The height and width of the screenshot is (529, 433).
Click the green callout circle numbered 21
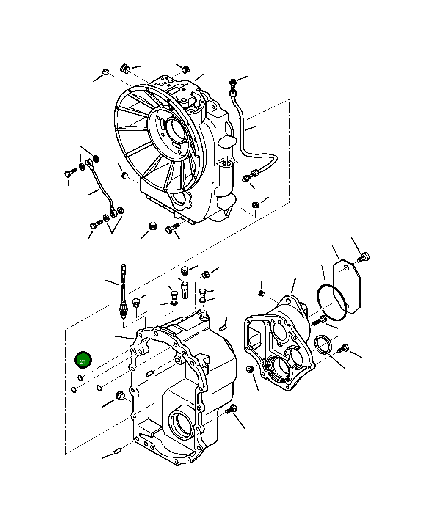point(83,361)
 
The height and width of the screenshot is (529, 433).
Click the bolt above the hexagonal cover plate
point(364,256)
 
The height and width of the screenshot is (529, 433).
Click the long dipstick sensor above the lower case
point(123,292)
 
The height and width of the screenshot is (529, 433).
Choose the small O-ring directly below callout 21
point(80,377)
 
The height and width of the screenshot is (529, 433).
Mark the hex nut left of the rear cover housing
point(250,369)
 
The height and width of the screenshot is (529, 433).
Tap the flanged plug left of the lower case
point(119,395)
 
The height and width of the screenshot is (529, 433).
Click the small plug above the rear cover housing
point(262,293)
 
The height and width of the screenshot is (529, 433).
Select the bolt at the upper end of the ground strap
point(70,173)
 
